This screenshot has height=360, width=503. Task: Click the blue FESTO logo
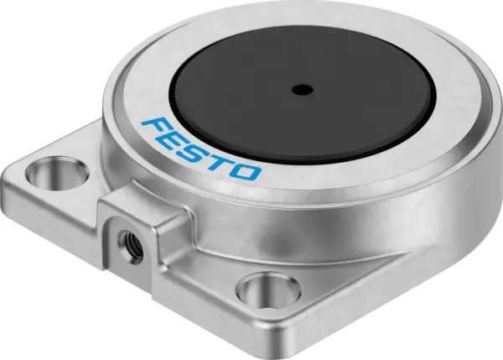[x=201, y=150]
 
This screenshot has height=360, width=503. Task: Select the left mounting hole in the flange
[x=48, y=176]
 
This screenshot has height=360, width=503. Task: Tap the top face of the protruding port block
[x=139, y=206]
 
